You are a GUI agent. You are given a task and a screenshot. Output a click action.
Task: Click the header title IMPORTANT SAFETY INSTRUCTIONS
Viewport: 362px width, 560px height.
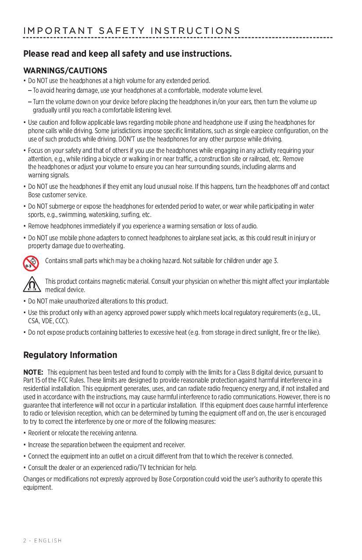coord(132,31)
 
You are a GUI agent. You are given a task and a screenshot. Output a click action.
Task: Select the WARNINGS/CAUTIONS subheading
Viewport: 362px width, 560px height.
coord(65,71)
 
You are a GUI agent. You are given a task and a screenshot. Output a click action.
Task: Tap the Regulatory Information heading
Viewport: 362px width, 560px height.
coord(70,355)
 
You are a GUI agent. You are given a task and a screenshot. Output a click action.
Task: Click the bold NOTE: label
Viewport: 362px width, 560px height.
coord(33,372)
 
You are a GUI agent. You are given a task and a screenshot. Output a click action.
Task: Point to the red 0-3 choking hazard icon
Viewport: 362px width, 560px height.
coord(30,262)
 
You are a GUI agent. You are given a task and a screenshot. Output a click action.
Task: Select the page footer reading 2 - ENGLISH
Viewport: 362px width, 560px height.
coord(43,540)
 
